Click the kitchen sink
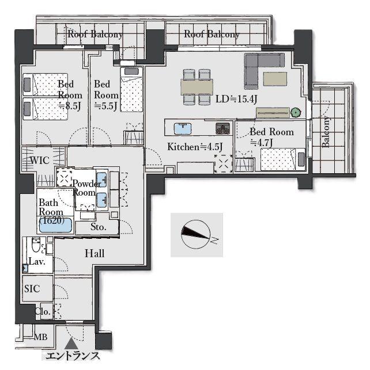tap(183, 128)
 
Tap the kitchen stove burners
tap(222, 128)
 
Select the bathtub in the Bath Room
tap(55, 226)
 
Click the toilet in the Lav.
tap(36, 245)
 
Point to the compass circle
tap(195, 234)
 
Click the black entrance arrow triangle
tap(71, 344)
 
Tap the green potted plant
tap(296, 113)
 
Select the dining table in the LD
tap(197, 87)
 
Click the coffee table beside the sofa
tap(275, 79)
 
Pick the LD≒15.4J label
tap(236, 99)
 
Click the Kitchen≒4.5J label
tap(195, 147)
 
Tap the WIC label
tap(40, 161)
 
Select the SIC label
tap(32, 289)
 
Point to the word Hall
tap(95, 253)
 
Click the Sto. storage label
tap(99, 227)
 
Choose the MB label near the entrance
tap(41, 337)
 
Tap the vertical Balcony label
tap(326, 132)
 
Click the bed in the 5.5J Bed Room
tap(132, 90)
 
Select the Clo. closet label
tap(43, 311)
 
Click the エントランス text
tap(72, 356)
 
